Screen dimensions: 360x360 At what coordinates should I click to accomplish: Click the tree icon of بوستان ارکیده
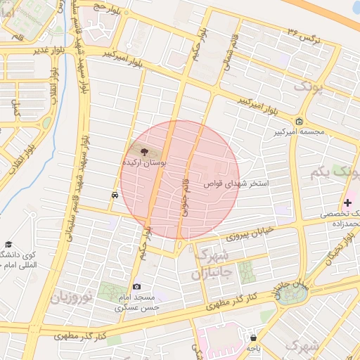click(x=143, y=150)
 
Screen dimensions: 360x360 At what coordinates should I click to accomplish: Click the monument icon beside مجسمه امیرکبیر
click(x=300, y=121)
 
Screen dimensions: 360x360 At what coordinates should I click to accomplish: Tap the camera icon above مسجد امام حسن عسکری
click(x=136, y=286)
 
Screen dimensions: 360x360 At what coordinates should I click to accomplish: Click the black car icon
click(x=114, y=195)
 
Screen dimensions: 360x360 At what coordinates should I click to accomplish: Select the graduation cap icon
click(x=8, y=243)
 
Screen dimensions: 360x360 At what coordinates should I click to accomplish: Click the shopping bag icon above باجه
click(x=253, y=337)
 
